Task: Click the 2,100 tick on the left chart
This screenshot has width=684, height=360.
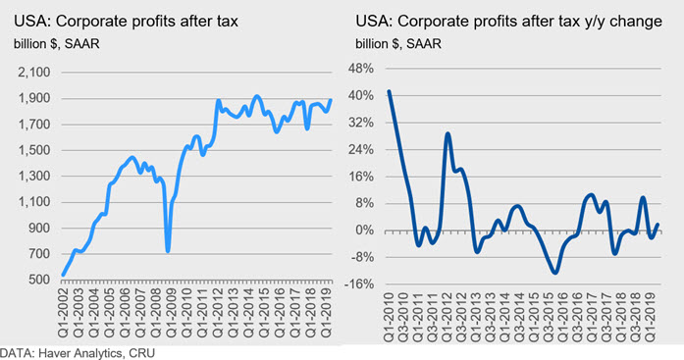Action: pos(34,72)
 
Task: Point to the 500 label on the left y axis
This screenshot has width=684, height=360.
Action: pos(39,279)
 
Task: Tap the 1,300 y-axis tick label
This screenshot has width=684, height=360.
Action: pos(34,176)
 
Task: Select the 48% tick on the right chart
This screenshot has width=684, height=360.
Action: pos(361,69)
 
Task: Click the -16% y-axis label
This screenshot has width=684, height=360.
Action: pos(359,284)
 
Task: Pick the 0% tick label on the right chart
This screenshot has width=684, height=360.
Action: pos(364,231)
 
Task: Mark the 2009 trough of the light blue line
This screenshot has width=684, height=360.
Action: pos(168,251)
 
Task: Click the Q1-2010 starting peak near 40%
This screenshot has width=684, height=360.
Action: pos(389,91)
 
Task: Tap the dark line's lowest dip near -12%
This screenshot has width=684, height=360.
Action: pos(554,273)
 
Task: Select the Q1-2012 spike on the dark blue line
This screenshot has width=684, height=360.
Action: pos(447,133)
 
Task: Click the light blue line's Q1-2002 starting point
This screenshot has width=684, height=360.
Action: pos(63,275)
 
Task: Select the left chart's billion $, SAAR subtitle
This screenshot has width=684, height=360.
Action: pos(57,44)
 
